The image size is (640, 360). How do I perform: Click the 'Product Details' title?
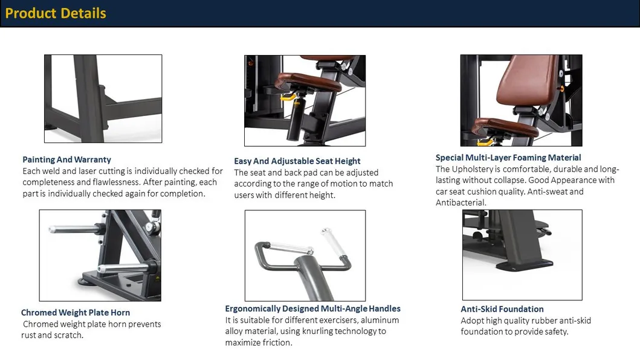(56, 13)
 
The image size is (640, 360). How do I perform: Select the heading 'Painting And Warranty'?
(66, 159)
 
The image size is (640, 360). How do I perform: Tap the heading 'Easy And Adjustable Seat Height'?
(297, 161)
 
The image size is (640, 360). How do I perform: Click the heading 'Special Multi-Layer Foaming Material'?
(508, 158)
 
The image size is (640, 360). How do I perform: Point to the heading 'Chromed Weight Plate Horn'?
(76, 312)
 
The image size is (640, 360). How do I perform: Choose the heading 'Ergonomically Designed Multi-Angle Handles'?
(312, 309)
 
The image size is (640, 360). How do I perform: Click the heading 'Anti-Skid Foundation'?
(502, 309)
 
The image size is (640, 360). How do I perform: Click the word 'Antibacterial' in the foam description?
(461, 203)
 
